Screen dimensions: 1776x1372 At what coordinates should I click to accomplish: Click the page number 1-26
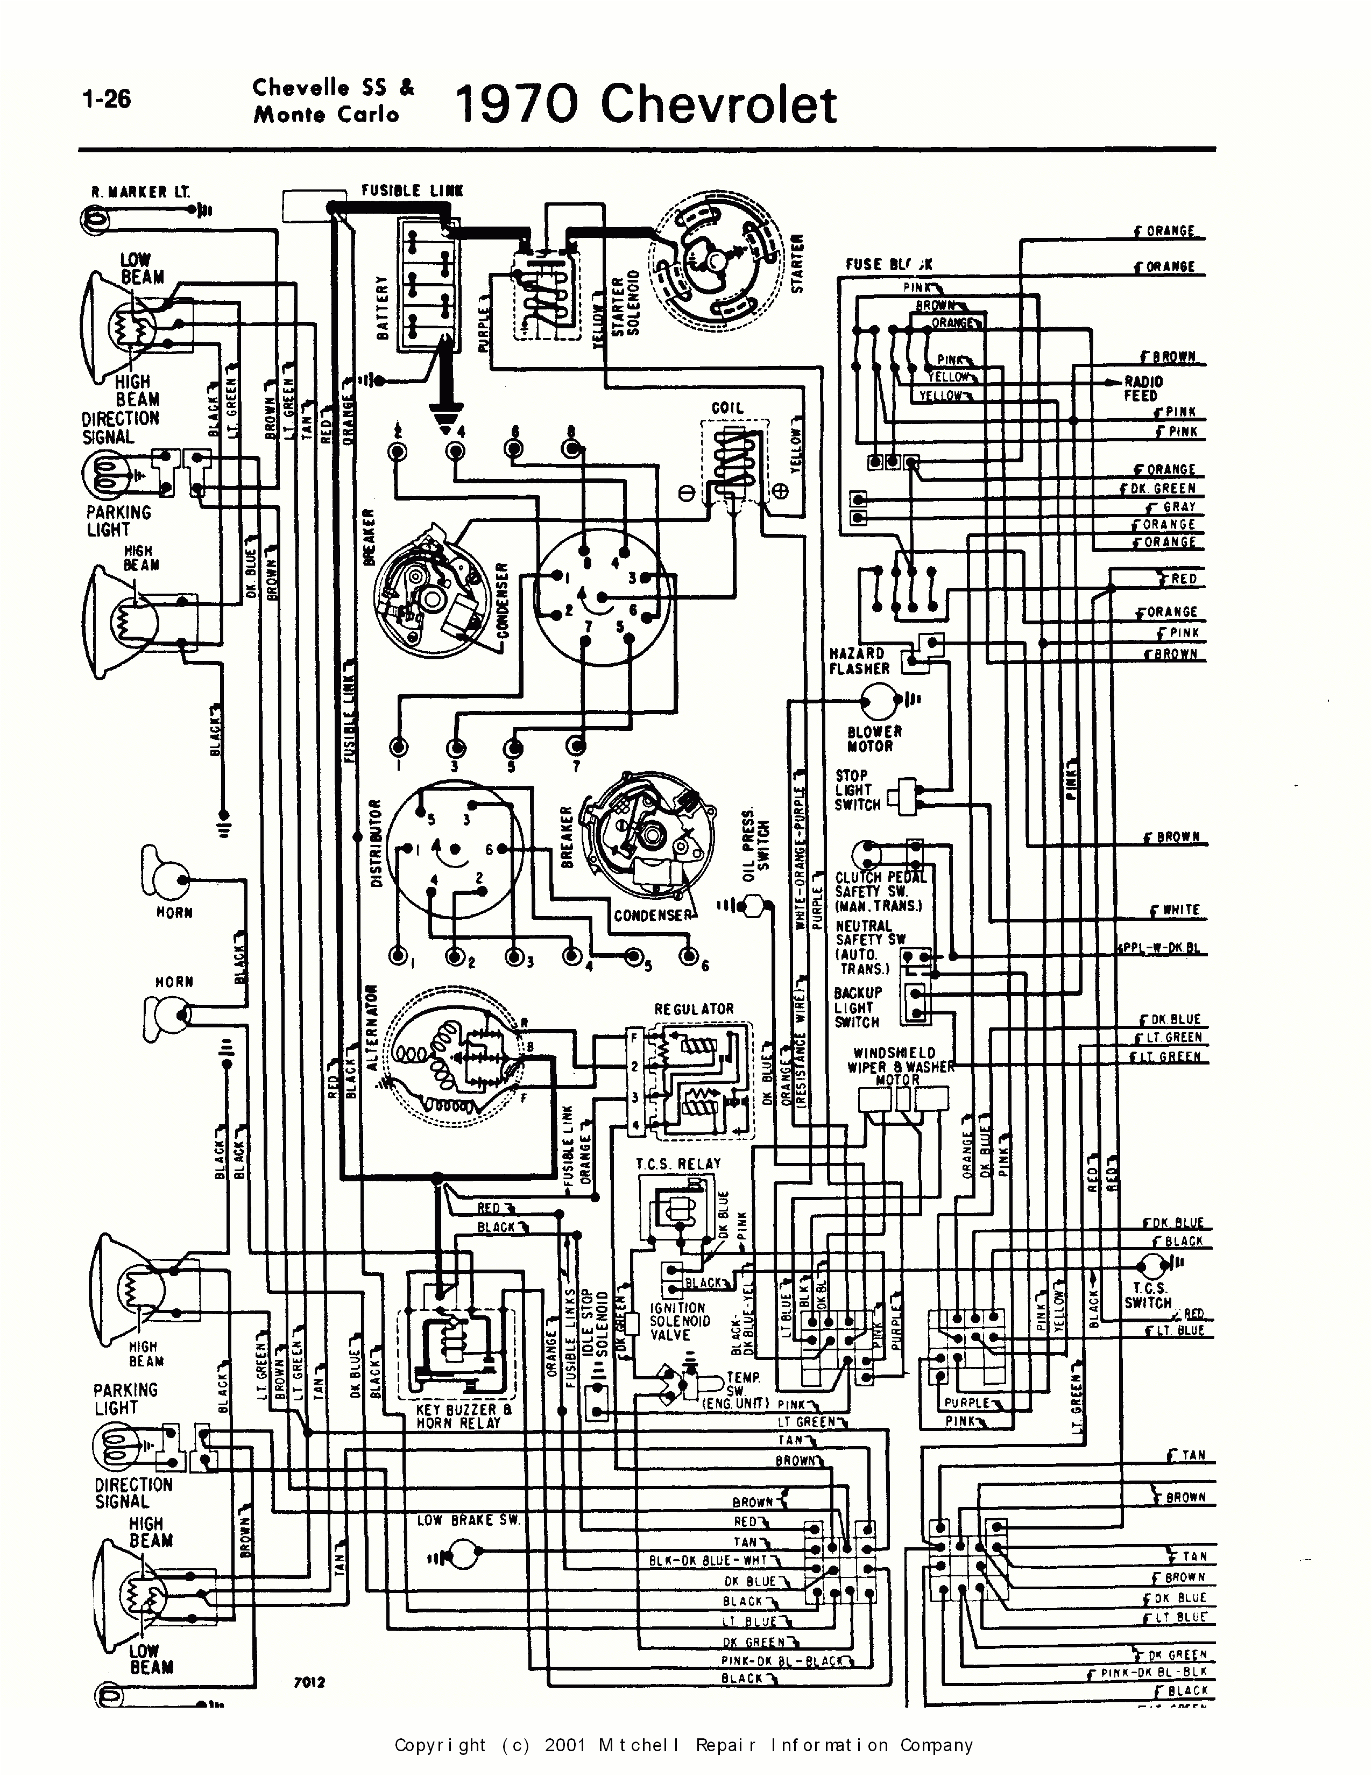pyautogui.click(x=107, y=99)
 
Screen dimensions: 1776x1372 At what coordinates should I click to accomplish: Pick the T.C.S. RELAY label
pyautogui.click(x=678, y=1164)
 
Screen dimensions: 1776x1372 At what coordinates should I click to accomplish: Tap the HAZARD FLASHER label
pyautogui.click(x=858, y=661)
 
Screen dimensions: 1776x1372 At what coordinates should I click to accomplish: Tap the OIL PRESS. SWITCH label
pyautogui.click(x=755, y=845)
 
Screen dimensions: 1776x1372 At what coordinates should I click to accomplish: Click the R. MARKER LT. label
pyautogui.click(x=140, y=193)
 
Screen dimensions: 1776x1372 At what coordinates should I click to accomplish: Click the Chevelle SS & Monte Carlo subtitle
pyautogui.click(x=333, y=100)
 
